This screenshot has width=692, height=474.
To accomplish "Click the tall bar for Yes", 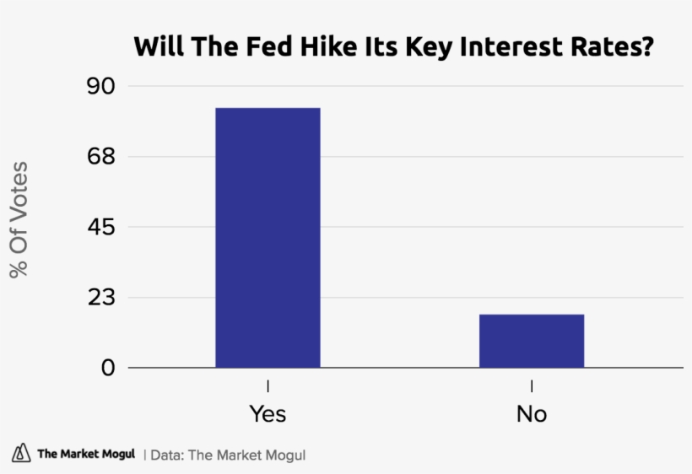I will tap(268, 238).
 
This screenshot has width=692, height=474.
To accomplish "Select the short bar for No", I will tap(532, 341).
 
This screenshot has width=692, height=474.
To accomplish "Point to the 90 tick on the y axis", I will tap(105, 86).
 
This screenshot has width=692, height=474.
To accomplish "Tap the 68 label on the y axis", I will tap(105, 157).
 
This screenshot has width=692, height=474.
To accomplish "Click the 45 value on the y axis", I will tap(105, 228).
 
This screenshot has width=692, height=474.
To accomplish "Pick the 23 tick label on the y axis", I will tap(105, 298).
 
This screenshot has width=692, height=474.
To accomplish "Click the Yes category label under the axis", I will tap(268, 414).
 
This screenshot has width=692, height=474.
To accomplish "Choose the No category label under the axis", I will tap(532, 414).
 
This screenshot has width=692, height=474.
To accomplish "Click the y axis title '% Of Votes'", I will tap(19, 219).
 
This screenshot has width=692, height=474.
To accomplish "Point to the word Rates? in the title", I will tap(613, 46).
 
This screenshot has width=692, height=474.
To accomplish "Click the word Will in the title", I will tap(155, 46).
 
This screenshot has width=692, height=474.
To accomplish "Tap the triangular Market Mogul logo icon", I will tap(20, 454).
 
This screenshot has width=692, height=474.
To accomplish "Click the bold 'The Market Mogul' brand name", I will tap(86, 455).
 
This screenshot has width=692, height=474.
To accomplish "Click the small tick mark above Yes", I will tap(268, 386).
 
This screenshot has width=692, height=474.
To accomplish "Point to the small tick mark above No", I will tap(532, 386).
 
